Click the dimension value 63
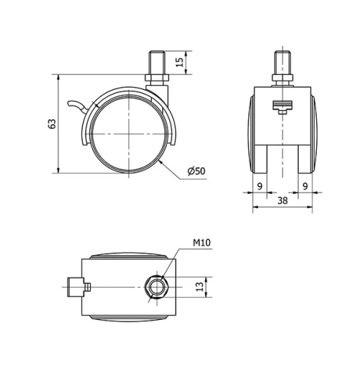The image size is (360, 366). coord(53,124)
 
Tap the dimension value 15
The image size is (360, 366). coord(179,62)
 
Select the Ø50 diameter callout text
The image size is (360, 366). coord(197,171)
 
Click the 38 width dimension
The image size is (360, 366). coord(282,200)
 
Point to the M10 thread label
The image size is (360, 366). coord(202,243)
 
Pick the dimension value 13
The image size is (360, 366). coord(199,287)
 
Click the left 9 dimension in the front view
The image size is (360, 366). coord(260,186)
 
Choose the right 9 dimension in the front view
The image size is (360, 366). coord(305,186)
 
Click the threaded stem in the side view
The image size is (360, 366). coord(157,63)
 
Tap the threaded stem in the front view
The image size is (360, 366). coord(283,63)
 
